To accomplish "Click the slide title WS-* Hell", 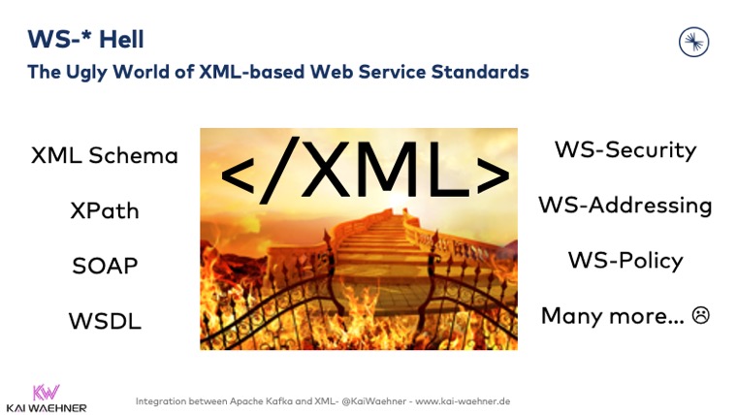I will (x=85, y=39).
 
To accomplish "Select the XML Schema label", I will (x=105, y=155).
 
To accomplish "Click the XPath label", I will (x=105, y=210).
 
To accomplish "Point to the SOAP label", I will (x=105, y=266).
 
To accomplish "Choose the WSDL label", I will (x=105, y=321).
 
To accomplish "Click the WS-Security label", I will (x=625, y=149).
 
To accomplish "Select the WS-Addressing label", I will (x=625, y=205).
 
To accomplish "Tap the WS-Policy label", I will (x=625, y=260).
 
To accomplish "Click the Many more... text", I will (x=611, y=315).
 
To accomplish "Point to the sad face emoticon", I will (x=700, y=315).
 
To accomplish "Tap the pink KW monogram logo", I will (x=46, y=392).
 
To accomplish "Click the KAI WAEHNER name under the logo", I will (x=46, y=407).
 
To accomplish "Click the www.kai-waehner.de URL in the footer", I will (x=463, y=400).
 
